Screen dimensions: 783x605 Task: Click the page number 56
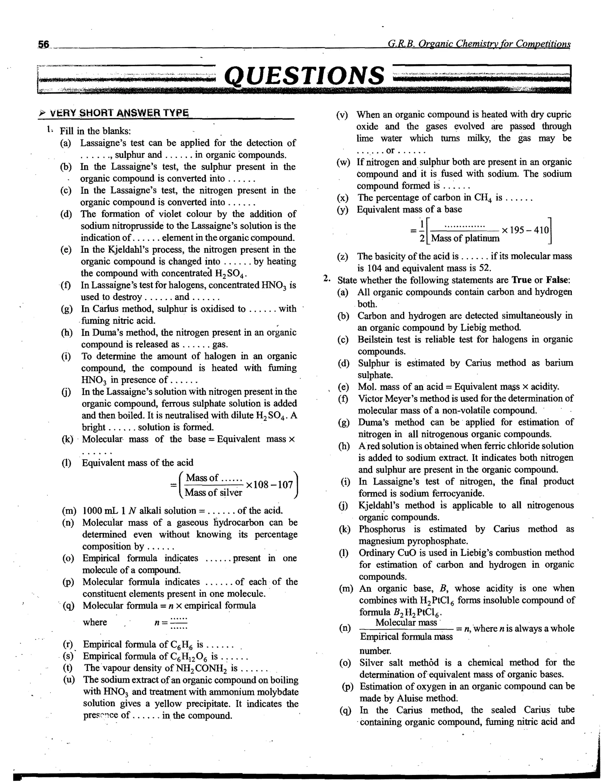click(44, 44)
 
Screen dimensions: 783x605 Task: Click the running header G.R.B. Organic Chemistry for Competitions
click(479, 44)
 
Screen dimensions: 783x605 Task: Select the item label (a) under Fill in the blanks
click(66, 143)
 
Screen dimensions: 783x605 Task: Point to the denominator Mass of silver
click(213, 493)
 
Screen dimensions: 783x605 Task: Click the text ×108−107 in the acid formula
click(269, 485)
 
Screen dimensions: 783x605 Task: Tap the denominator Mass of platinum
click(465, 238)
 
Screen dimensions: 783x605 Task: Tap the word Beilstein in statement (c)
click(375, 339)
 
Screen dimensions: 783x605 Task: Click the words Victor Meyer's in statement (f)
click(385, 399)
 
